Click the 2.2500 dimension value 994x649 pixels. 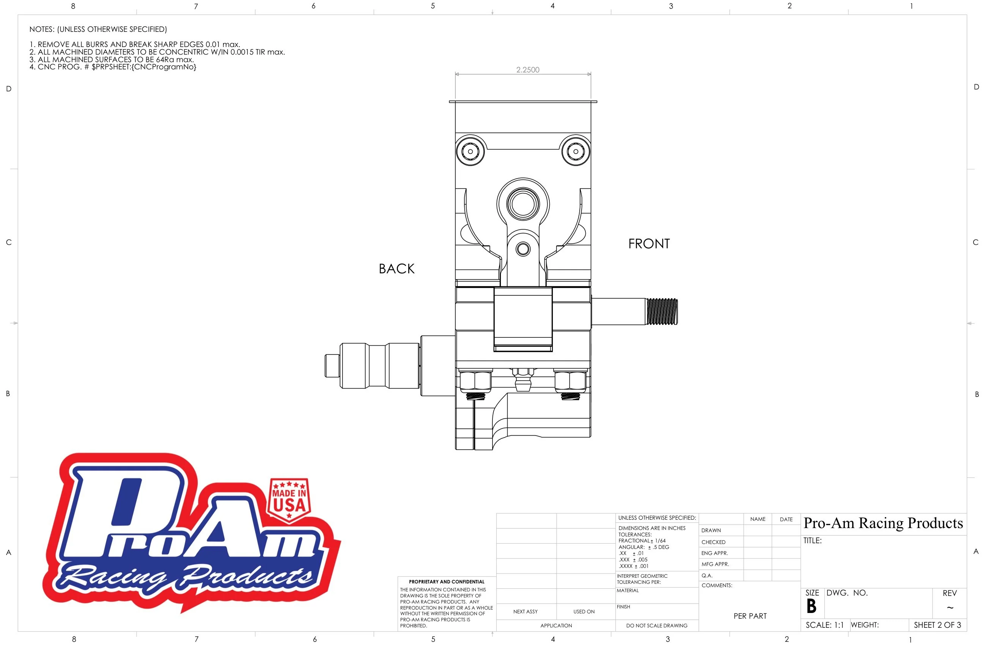pos(527,70)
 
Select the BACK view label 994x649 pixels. pos(396,269)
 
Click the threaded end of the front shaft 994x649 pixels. pos(662,311)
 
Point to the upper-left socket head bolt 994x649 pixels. pos(470,152)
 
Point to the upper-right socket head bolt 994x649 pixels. pos(576,152)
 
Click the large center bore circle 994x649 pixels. pos(523,204)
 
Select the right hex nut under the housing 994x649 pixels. pos(570,381)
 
